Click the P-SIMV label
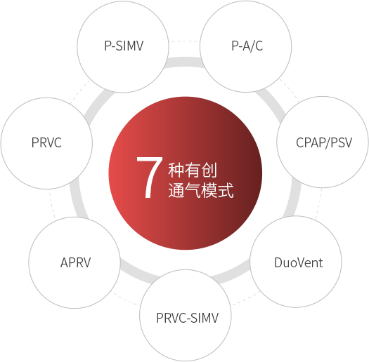pos(124,46)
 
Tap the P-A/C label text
pos(247,46)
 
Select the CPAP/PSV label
pos(324,142)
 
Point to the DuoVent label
pos(299,262)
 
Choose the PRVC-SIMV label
pos(188,318)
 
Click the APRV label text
pos(75,262)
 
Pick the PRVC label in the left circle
pos(46,142)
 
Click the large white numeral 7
pos(150,177)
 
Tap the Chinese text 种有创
pos(193,170)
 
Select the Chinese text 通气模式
pos(201,190)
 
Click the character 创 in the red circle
pos(209,170)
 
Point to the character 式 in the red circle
pos(226,190)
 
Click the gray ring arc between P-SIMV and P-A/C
pos(184,62)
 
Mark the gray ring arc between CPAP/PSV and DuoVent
pos(293,197)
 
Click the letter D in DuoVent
pos(278,262)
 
